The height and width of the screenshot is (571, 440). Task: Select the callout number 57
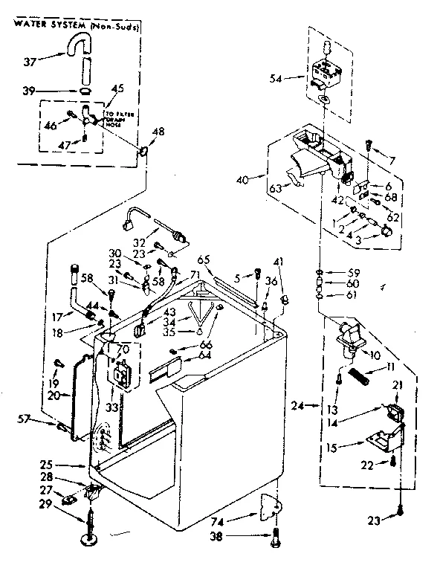[45, 420]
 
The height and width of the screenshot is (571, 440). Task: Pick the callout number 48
[158, 132]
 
